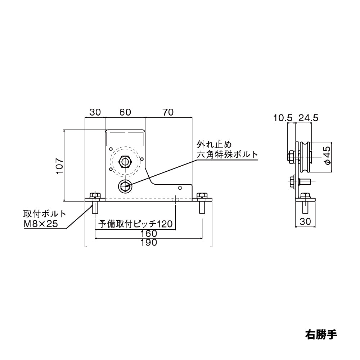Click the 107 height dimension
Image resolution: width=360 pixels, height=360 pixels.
[x=59, y=166]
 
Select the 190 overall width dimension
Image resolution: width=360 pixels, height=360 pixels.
[x=149, y=242]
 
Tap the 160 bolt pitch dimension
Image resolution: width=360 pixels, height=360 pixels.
[x=149, y=233]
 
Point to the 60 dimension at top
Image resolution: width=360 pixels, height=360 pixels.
[x=125, y=112]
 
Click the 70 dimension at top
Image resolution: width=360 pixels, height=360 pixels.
[x=168, y=112]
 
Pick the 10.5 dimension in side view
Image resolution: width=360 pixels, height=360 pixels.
[x=282, y=118]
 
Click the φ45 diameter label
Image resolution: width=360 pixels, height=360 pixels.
[x=327, y=156]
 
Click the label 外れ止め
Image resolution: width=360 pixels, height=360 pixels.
[x=213, y=145]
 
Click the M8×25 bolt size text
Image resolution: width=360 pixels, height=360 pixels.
[x=40, y=224]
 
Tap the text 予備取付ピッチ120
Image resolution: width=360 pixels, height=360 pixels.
[x=135, y=224]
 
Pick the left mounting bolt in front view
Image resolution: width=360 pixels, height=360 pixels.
[x=95, y=204]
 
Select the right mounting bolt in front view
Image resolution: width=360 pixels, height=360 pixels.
[x=202, y=204]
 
